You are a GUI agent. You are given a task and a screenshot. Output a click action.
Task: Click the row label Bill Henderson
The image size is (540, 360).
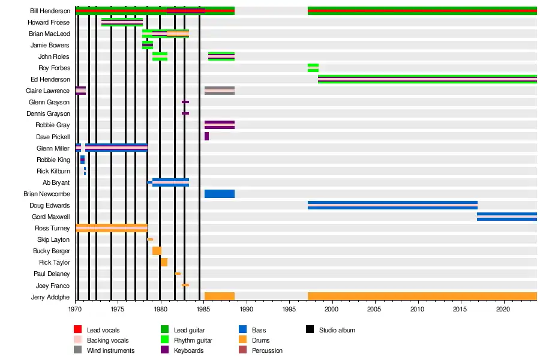(x=50, y=11)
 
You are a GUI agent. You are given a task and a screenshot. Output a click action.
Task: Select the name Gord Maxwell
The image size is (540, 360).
(x=51, y=217)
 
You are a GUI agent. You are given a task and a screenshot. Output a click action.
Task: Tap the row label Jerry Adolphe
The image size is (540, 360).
(x=51, y=297)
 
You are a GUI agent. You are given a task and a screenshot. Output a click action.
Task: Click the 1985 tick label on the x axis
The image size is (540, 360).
(x=204, y=309)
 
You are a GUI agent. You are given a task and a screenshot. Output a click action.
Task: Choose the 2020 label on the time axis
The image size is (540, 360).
(x=503, y=309)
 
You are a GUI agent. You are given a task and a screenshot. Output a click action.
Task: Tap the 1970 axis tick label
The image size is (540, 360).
(x=75, y=309)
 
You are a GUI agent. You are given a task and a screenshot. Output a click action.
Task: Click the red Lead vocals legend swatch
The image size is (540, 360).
(x=77, y=330)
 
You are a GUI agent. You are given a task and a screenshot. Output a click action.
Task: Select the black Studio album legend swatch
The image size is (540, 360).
(x=310, y=330)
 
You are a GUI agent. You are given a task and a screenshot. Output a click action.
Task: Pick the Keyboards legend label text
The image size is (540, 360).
(x=188, y=350)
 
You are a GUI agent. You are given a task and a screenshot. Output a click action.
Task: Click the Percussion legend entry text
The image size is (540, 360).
(x=267, y=350)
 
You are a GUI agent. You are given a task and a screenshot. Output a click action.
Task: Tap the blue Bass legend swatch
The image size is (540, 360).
(x=242, y=330)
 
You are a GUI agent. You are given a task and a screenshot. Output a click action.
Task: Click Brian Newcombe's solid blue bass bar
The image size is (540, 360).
(x=220, y=194)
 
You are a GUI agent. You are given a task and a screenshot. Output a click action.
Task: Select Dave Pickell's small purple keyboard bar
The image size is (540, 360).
(x=206, y=136)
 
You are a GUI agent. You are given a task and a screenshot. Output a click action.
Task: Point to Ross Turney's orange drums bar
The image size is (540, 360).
(x=112, y=228)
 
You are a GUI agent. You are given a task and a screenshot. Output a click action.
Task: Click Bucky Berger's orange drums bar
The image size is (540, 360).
(x=157, y=251)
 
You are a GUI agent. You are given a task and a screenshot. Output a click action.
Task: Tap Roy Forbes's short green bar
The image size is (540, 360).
(x=313, y=68)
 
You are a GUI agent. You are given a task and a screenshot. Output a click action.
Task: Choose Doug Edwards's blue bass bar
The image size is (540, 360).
(x=392, y=205)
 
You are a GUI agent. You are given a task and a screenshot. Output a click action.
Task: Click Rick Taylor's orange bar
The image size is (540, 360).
(x=164, y=262)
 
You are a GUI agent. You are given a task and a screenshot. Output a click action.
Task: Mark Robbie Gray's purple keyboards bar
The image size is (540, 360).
(x=220, y=125)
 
